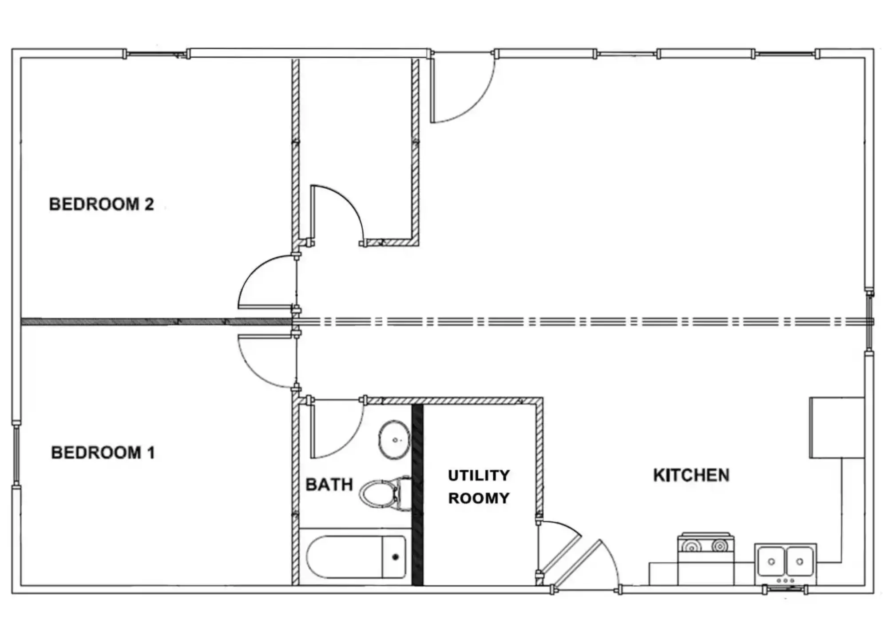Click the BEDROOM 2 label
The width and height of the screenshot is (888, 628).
[x=101, y=204]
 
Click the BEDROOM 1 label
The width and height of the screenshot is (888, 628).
[x=103, y=453]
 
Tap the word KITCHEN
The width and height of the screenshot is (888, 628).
[x=691, y=475]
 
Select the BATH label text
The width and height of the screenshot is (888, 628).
[x=329, y=485]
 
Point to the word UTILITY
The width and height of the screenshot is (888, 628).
[x=479, y=476]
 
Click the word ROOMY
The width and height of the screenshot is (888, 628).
[x=479, y=498]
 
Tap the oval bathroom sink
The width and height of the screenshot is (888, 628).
[x=394, y=440]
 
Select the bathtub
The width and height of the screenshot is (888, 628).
[x=356, y=557]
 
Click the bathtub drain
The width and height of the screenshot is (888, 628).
[x=396, y=557]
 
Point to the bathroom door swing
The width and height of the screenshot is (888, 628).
[x=351, y=440]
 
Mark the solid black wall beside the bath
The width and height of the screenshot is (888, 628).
[x=417, y=495]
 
